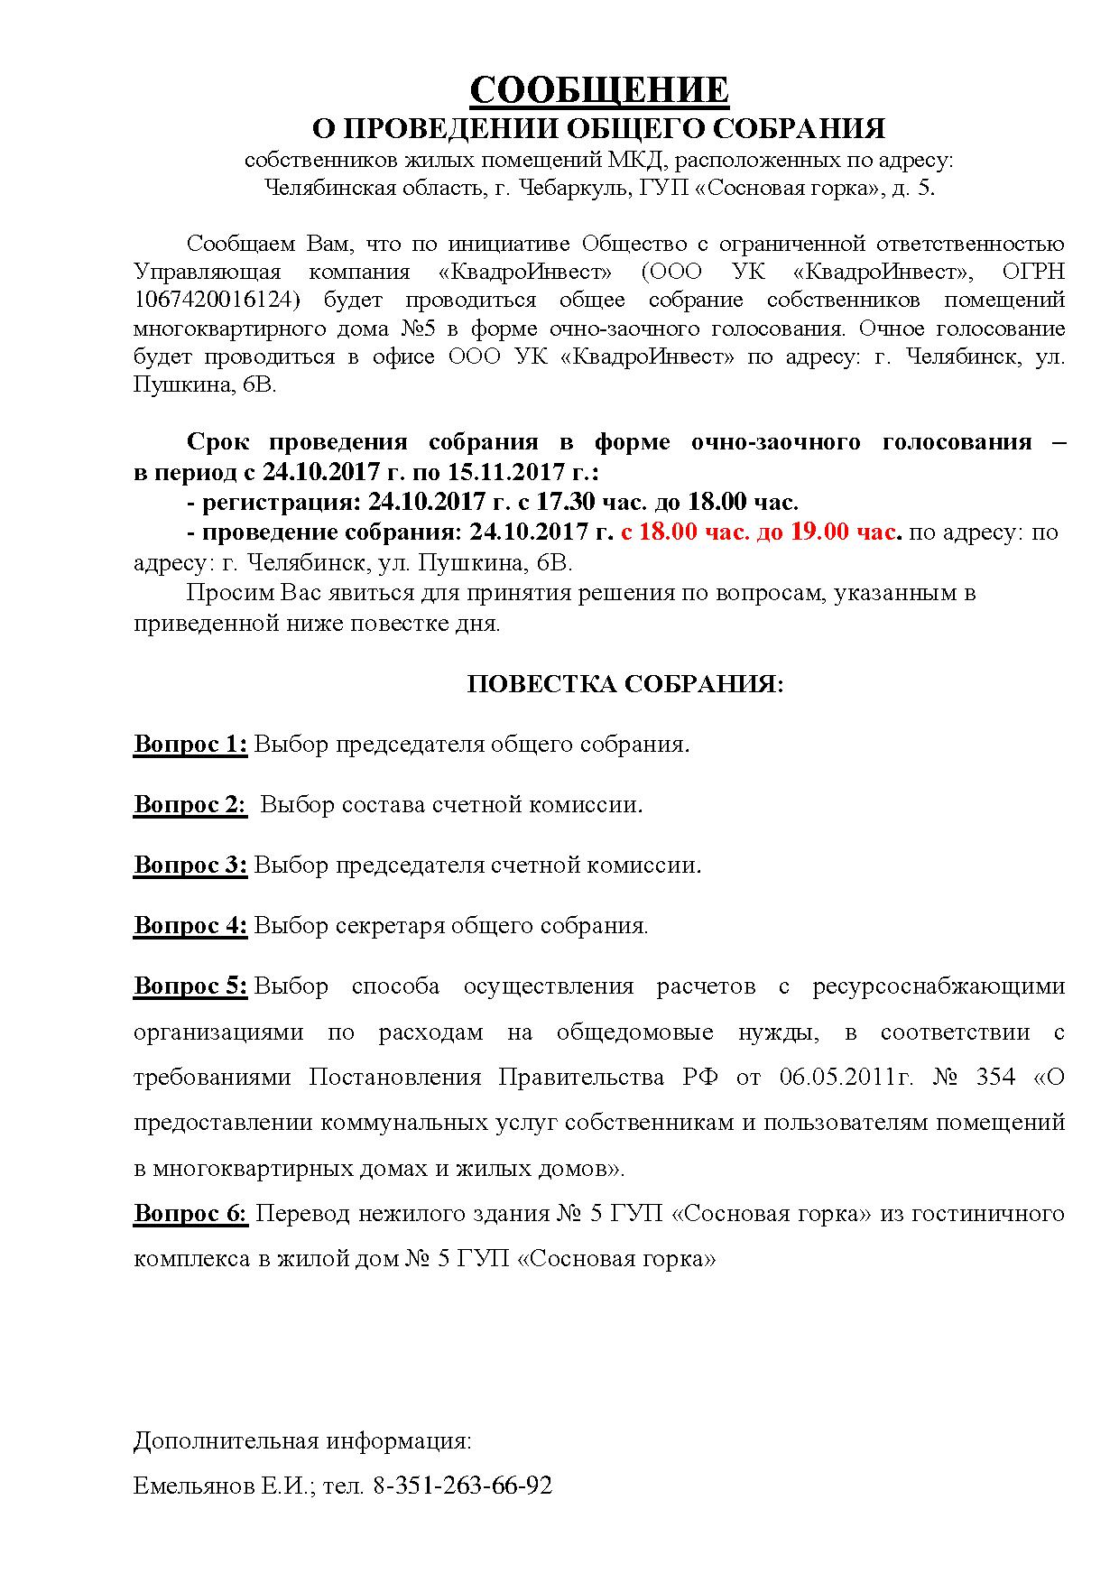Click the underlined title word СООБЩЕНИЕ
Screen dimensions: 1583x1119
pyautogui.click(x=598, y=90)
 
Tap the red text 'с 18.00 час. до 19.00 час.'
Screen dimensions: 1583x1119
pyautogui.click(x=761, y=532)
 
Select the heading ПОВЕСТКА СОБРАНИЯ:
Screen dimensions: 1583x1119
pyautogui.click(x=625, y=684)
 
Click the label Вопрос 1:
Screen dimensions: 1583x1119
pyautogui.click(x=190, y=744)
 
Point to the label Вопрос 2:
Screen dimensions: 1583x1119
pyautogui.click(x=190, y=804)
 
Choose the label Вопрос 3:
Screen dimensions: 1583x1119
pyautogui.click(x=190, y=865)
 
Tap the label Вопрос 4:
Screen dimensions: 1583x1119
pyautogui.click(x=190, y=925)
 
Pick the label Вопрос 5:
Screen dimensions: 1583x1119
pyautogui.click(x=190, y=986)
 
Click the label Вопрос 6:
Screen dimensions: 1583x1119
pyautogui.click(x=190, y=1213)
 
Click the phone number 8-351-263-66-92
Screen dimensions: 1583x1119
pyautogui.click(x=462, y=1485)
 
